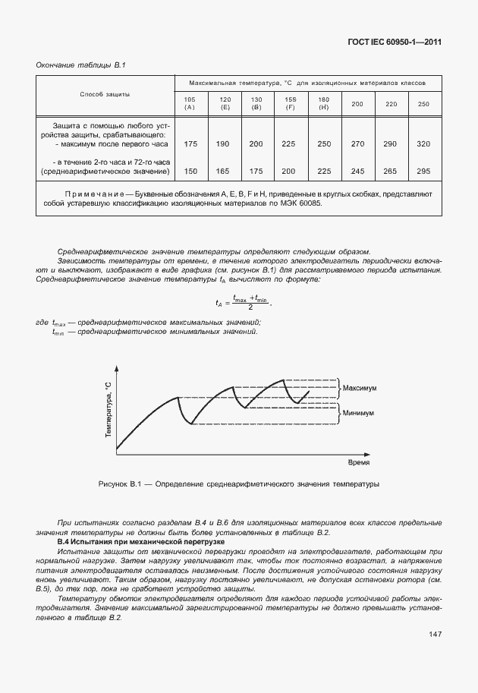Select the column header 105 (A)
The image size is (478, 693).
190,103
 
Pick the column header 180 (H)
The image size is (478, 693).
323,103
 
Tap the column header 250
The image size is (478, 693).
423,104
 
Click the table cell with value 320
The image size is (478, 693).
423,143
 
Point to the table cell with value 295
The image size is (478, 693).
423,172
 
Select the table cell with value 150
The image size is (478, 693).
190,172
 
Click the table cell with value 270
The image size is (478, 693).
357,143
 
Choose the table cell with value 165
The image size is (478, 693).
225,172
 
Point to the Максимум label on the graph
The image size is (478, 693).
360,388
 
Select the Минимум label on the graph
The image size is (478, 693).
358,414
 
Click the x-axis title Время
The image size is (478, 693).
359,461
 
